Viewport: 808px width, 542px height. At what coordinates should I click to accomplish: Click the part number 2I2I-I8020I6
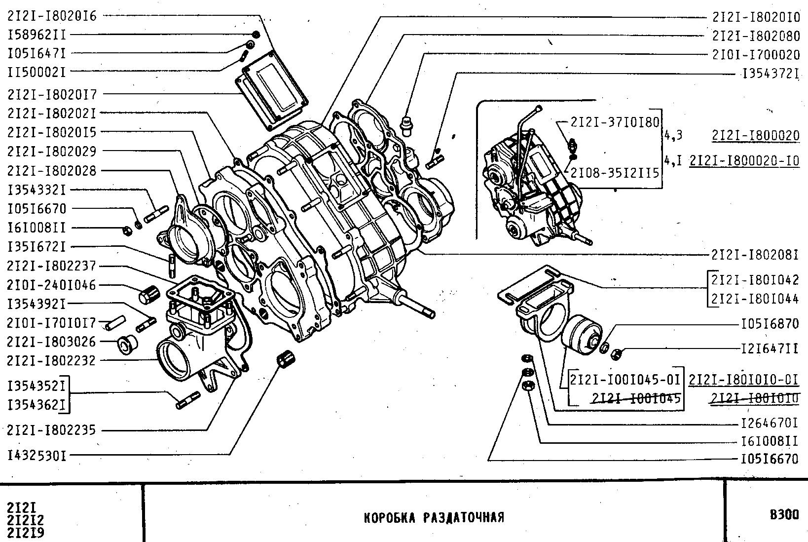pos(52,16)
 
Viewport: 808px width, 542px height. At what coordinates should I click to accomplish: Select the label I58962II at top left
pos(37,35)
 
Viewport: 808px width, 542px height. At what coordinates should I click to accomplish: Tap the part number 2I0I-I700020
pos(755,54)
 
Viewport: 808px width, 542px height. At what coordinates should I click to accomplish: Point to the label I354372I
pos(770,74)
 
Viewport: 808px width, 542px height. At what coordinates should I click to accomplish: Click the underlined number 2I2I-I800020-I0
pos(744,161)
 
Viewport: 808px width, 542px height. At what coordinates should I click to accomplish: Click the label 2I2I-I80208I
pos(755,255)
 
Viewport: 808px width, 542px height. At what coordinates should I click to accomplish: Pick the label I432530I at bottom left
pos(37,455)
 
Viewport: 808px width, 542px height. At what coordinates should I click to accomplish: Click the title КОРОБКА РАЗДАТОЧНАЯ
pos(434,517)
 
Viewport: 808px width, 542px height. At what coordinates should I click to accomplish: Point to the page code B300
pos(784,515)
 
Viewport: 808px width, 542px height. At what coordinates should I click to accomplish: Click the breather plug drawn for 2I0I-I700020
pos(406,125)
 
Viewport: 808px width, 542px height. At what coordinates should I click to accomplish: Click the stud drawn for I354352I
pos(187,400)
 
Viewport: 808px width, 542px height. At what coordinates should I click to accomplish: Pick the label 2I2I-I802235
pos(51,430)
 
